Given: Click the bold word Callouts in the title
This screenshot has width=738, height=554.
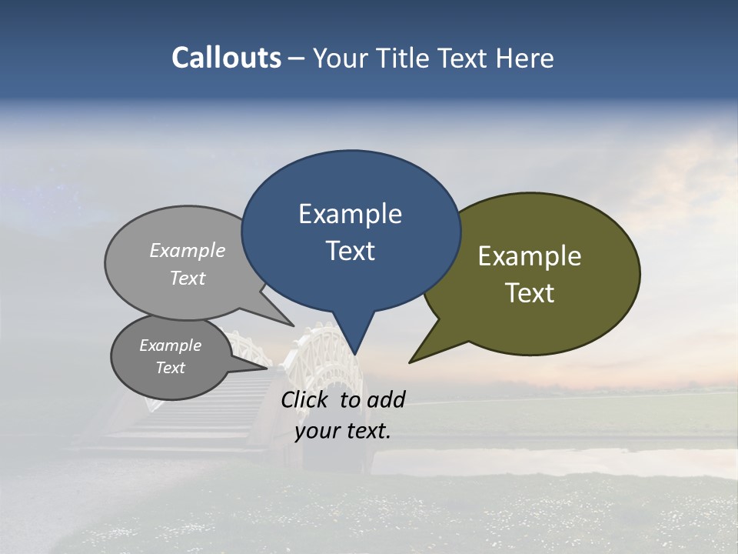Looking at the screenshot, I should tap(226, 58).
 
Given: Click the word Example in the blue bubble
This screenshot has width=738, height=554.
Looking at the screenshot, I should tap(350, 214).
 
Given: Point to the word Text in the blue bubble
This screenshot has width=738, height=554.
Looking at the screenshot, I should tap(350, 251).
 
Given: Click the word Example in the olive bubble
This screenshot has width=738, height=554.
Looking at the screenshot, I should tap(530, 256).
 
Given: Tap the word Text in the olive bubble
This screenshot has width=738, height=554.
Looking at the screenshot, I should tap(530, 293).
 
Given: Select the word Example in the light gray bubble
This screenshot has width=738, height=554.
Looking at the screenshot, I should tap(188, 250).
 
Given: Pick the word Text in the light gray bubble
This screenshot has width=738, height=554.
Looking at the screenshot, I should tap(188, 278).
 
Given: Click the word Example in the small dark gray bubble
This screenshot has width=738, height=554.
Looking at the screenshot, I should tap(170, 345).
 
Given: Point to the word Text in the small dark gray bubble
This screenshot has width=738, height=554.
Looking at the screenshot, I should tap(170, 368).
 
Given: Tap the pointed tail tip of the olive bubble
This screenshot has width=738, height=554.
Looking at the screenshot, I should tap(410, 362).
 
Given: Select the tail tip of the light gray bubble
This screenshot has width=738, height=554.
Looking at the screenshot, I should tap(294, 325).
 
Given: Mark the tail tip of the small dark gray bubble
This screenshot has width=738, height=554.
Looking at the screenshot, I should tap(267, 368).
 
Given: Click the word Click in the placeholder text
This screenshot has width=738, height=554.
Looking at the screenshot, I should tap(306, 399).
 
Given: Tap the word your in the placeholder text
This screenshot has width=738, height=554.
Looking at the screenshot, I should tap(316, 431).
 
